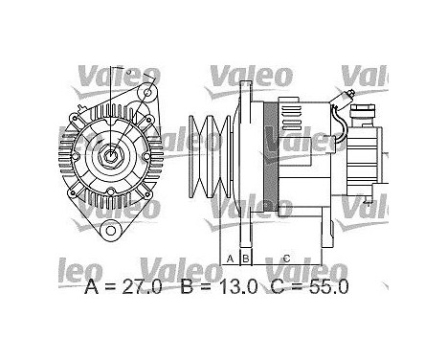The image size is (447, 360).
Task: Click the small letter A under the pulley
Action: [x=229, y=259]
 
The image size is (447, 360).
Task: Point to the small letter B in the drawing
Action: [x=245, y=259]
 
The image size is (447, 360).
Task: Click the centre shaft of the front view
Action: [x=113, y=154]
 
